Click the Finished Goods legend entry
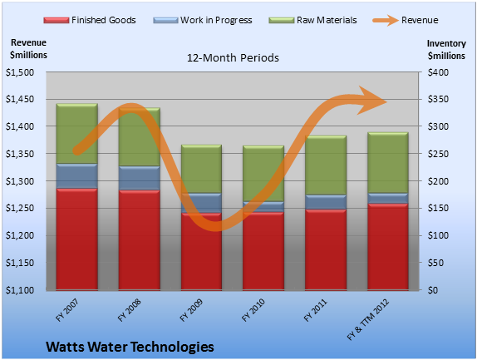click(90, 20)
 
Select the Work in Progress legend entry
click(203, 20)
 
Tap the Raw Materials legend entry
click(312, 20)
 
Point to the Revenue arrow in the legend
click(386, 20)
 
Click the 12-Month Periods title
click(233, 58)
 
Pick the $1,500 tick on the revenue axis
click(20, 72)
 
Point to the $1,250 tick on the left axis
click(20, 208)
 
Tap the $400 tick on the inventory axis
click(438, 72)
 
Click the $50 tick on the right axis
click(435, 263)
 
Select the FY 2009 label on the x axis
click(191, 310)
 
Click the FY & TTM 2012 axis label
click(368, 319)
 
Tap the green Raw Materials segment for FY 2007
click(77, 134)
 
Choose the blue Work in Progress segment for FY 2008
click(140, 178)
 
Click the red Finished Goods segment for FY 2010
click(263, 251)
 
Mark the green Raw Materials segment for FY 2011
click(326, 165)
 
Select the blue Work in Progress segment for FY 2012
click(388, 199)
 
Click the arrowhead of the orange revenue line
click(373, 101)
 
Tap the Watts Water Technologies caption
click(130, 347)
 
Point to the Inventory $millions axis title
click(446, 50)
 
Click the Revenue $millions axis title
click(28, 49)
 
